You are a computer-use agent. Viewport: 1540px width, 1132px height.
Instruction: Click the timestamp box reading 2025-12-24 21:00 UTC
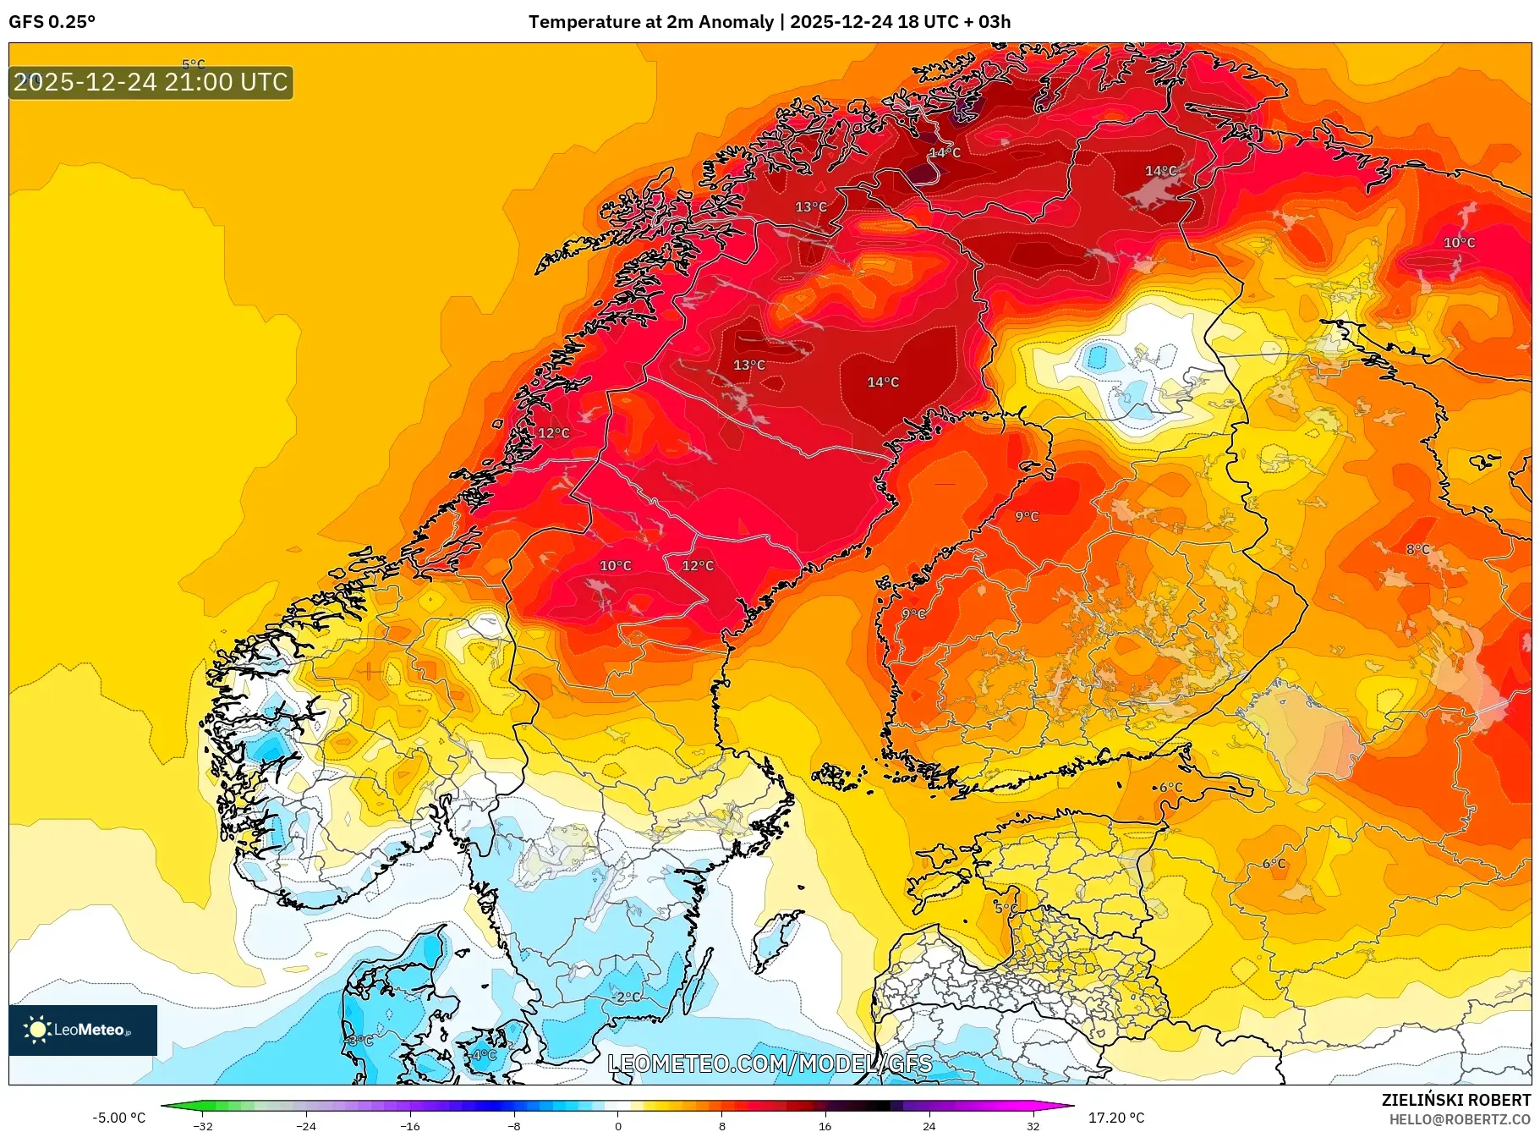click(151, 82)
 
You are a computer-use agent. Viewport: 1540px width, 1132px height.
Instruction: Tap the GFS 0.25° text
click(52, 22)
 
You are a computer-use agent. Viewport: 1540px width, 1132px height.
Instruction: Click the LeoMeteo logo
click(82, 1030)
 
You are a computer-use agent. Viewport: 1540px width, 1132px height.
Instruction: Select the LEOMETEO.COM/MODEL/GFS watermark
click(770, 1063)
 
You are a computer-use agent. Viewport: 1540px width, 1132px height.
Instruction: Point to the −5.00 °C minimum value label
click(118, 1118)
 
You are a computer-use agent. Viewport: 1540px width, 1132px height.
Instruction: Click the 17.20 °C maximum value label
click(1115, 1118)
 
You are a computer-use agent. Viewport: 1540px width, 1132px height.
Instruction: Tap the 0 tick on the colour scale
click(617, 1125)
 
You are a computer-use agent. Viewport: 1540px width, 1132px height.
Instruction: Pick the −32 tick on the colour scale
click(202, 1125)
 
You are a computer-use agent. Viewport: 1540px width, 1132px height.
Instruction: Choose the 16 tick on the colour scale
click(825, 1125)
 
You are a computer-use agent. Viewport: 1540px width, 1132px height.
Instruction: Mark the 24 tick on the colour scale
click(929, 1125)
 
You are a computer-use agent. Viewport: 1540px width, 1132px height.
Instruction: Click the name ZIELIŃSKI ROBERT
click(1455, 1100)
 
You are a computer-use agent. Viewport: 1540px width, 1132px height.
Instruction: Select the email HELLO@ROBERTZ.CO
click(1460, 1119)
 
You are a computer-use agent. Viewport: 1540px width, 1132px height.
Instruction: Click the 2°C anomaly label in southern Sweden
click(628, 997)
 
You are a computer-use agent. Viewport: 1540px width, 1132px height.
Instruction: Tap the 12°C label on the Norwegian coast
click(554, 433)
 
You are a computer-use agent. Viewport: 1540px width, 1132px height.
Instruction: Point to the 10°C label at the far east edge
click(1459, 243)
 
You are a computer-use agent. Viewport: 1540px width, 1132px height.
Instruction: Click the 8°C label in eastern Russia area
click(1418, 549)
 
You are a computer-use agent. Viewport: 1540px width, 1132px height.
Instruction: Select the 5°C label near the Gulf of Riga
click(1006, 908)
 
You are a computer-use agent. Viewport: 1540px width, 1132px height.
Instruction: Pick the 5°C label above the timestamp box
click(194, 63)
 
